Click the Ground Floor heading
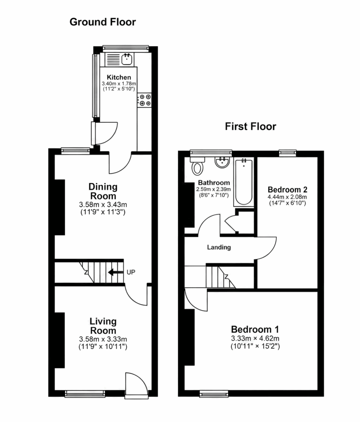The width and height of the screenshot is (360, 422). point(103,22)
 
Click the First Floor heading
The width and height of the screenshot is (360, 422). point(250,127)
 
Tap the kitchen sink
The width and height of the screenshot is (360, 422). point(127,59)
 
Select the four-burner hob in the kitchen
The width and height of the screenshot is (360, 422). point(144,100)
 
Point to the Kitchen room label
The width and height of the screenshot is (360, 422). point(119,77)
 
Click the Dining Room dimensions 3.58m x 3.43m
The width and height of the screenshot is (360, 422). point(103,204)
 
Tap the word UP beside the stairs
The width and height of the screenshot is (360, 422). point(131,272)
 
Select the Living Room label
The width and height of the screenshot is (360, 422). point(103,326)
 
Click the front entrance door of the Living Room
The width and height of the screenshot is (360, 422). point(137,385)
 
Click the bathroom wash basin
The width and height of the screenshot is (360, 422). point(222,162)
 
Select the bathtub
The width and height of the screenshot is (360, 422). point(244,182)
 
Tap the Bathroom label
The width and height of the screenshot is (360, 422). point(214,183)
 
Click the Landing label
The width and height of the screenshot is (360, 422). point(219,247)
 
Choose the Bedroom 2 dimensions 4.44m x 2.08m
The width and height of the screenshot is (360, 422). point(287,197)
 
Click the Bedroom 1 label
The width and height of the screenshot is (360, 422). point(255,329)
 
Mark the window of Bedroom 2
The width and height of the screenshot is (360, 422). point(287,153)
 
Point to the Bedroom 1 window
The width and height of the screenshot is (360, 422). point(214,394)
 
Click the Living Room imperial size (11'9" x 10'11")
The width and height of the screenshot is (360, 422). point(103,346)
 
